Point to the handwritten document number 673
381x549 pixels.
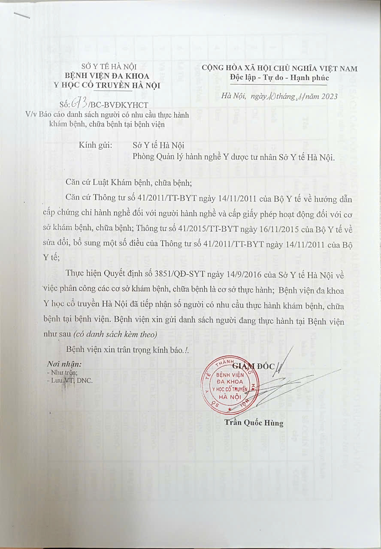(x=80, y=103)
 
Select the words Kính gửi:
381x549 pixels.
(x=96, y=145)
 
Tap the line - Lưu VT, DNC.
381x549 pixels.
(x=70, y=380)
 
